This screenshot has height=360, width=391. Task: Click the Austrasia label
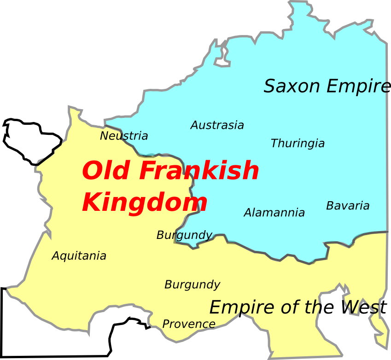coord(217,125)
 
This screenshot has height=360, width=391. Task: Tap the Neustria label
coord(124,136)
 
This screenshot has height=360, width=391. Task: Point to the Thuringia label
coord(298,144)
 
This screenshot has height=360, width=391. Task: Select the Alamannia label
coord(274,213)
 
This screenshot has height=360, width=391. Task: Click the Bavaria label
coord(348,206)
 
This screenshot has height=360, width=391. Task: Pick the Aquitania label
coord(79,256)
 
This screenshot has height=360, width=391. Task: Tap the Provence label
coord(189,324)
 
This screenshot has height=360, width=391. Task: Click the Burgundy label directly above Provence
coord(192,285)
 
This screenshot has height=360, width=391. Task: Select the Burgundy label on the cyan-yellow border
coord(184,235)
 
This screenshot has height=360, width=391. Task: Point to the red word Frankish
coord(199,171)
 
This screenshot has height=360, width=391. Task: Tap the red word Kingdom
coord(145,203)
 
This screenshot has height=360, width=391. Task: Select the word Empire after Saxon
coord(355,87)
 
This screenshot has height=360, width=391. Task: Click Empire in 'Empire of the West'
coord(239,308)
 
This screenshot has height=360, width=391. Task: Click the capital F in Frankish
coord(147,171)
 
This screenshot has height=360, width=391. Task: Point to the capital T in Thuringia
coord(274,144)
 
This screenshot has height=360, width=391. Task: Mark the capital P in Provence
coord(165,324)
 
